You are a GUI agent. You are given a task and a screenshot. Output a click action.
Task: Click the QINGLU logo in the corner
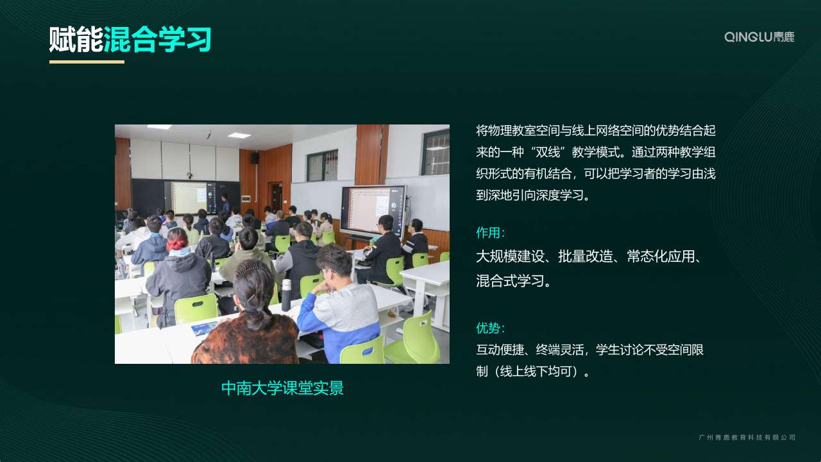coord(759,37)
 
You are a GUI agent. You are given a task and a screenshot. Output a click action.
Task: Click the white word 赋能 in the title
coord(76,39)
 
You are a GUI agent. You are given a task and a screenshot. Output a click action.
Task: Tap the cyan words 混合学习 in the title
coord(158,39)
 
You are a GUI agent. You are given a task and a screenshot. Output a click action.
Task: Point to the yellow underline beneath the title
coord(87,62)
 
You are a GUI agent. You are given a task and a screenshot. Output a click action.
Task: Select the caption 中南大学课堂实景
coord(282,388)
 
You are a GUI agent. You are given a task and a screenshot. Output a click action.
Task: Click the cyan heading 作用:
coord(491,233)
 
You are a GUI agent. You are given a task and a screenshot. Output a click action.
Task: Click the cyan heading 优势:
coord(491,328)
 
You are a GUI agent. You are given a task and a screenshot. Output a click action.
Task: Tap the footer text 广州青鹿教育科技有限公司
coord(747,438)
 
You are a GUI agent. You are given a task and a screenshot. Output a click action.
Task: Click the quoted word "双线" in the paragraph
coord(548,152)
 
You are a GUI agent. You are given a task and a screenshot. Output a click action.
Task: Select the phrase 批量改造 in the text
coord(586,257)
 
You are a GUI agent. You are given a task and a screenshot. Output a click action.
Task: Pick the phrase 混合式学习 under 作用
coord(509,281)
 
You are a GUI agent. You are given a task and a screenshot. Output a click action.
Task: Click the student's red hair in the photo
coord(178,239)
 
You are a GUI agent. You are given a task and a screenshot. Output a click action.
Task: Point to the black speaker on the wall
coord(255,158)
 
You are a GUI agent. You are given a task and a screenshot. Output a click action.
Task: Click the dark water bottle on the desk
coord(286,295)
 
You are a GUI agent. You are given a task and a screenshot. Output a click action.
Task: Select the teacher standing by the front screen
coord(225,203)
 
